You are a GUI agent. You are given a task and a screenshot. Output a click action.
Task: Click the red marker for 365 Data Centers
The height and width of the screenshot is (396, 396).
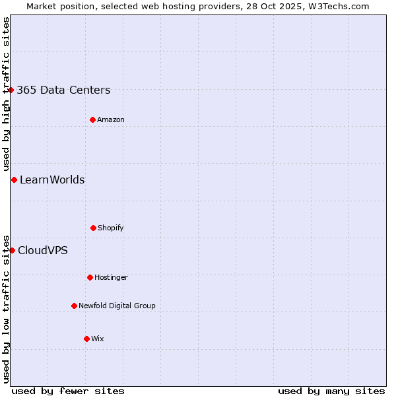click(11, 90)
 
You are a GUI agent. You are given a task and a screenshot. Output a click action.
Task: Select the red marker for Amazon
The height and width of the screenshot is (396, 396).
click(92, 119)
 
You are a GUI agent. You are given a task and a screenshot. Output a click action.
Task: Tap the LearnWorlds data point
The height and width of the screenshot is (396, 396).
click(14, 180)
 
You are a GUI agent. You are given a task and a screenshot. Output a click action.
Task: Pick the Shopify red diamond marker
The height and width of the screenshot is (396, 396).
click(93, 228)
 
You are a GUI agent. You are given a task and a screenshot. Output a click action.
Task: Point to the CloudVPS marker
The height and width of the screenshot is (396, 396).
click(12, 250)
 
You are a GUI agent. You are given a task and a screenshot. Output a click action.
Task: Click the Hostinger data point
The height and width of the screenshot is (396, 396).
click(90, 277)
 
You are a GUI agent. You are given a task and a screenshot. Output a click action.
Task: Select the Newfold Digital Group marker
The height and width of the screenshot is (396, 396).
click(74, 306)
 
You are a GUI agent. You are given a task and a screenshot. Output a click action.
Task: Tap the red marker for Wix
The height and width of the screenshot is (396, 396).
click(86, 339)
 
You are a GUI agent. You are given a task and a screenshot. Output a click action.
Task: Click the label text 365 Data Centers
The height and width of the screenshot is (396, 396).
click(63, 90)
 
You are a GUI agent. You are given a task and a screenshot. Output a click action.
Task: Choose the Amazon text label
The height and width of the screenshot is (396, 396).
click(111, 119)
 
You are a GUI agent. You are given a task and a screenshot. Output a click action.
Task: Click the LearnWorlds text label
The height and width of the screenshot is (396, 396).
click(52, 180)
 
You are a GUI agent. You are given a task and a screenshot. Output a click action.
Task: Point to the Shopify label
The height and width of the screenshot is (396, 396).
click(111, 228)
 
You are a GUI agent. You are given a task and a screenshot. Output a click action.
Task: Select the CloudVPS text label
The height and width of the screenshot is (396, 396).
click(43, 250)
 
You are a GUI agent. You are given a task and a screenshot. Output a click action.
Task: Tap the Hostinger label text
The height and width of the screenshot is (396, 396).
click(111, 277)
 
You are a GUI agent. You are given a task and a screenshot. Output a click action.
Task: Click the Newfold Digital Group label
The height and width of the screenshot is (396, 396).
click(117, 306)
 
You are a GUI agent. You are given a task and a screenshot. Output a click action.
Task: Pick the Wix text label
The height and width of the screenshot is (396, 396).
click(98, 339)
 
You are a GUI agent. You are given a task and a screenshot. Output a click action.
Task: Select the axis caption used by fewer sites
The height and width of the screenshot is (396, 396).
click(68, 391)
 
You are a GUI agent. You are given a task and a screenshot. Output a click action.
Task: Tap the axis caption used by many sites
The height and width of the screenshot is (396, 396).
click(331, 391)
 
